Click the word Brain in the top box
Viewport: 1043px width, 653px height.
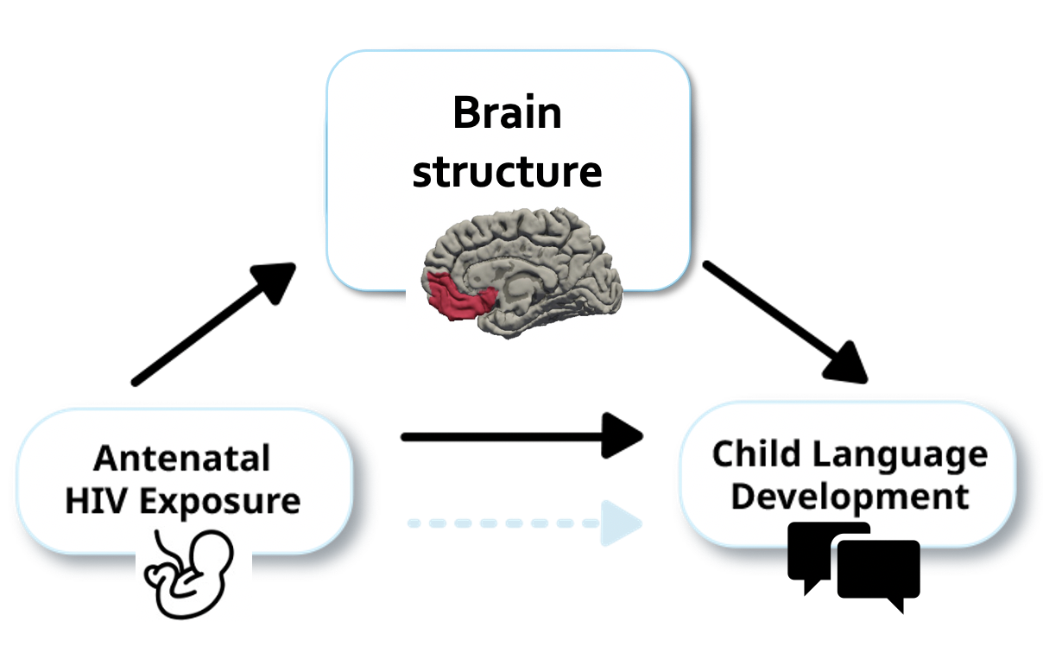[x=508, y=113]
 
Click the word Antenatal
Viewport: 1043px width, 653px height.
[x=182, y=458]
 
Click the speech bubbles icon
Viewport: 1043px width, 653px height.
[x=855, y=566]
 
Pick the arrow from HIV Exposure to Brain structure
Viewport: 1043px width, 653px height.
[x=212, y=324]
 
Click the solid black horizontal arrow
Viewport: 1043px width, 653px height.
[x=518, y=436]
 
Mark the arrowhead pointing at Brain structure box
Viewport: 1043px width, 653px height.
[x=272, y=282]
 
